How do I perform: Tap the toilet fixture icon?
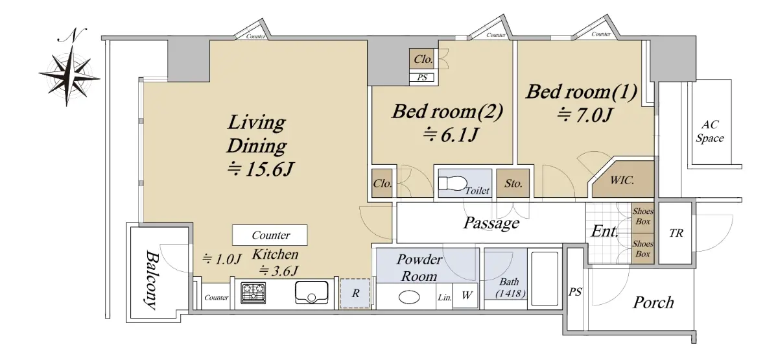[x=453, y=183]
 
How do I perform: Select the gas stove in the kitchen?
[x=253, y=293]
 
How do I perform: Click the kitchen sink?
[x=312, y=293]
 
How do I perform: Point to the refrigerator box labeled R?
[x=355, y=294]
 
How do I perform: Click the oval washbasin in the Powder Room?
[x=409, y=298]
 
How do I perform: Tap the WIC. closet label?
[x=622, y=180]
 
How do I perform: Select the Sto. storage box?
[x=513, y=183]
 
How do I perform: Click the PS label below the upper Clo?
[x=422, y=77]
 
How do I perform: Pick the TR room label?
[x=676, y=233]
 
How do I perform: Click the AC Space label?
[x=709, y=131]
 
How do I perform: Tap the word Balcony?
[x=152, y=280]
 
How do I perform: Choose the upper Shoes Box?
[x=642, y=217]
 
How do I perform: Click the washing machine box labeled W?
[x=466, y=296]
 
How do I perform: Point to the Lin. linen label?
[x=445, y=298]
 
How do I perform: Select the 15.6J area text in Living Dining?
[x=260, y=169]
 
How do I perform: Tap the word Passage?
[x=491, y=223]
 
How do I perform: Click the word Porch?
[x=653, y=302]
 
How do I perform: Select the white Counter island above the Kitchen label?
[x=270, y=235]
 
